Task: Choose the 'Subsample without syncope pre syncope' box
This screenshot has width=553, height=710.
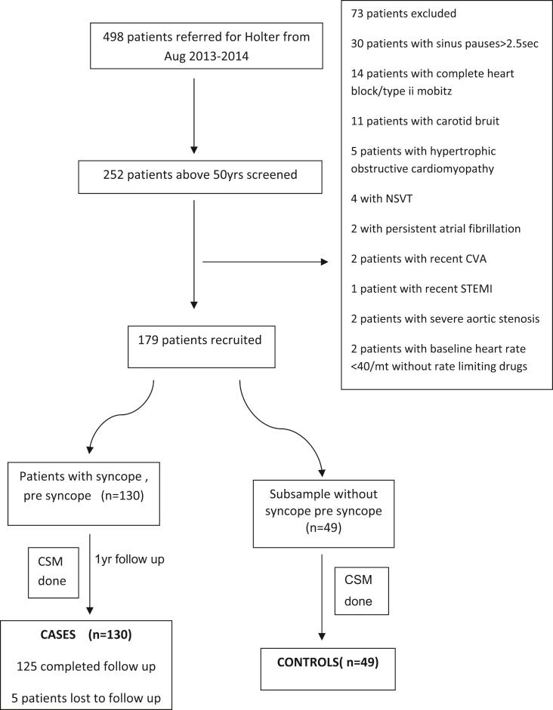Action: [x=323, y=512]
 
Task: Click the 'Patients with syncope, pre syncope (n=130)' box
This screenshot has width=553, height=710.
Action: [x=83, y=494]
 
